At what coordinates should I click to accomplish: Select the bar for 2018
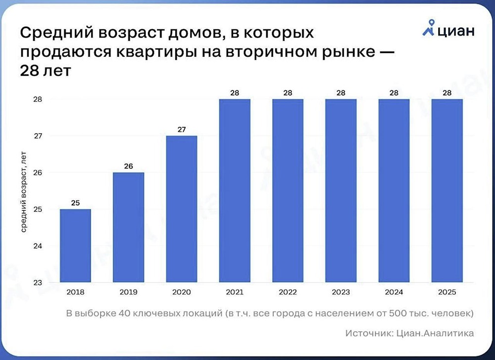(75, 246)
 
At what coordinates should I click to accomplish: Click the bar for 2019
(128, 228)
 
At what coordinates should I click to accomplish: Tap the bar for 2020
(181, 209)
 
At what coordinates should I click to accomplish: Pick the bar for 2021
(234, 191)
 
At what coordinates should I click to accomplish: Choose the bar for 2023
(341, 191)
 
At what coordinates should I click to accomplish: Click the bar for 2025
(446, 191)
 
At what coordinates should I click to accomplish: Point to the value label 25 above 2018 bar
(75, 203)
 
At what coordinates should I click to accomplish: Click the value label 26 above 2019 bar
(128, 166)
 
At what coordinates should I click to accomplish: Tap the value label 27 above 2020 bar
(181, 129)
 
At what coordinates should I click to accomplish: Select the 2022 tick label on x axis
(287, 292)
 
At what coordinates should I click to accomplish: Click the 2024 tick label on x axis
(394, 292)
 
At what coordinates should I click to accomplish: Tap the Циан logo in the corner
(448, 30)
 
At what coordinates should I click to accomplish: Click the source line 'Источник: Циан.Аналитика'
(409, 333)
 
